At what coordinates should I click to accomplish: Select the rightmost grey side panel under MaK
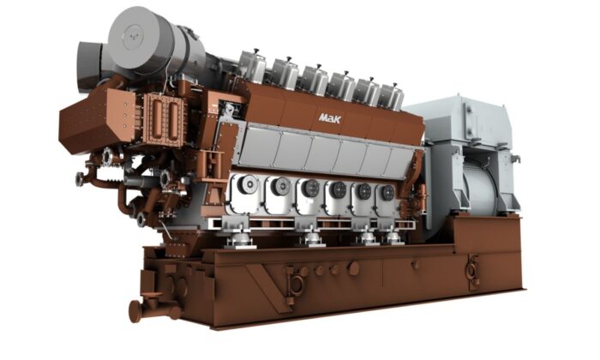tap(397, 159)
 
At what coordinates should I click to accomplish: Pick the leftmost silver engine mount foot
tap(233, 241)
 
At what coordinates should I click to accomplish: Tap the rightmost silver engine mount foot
tap(393, 237)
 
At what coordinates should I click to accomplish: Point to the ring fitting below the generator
tap(471, 271)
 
